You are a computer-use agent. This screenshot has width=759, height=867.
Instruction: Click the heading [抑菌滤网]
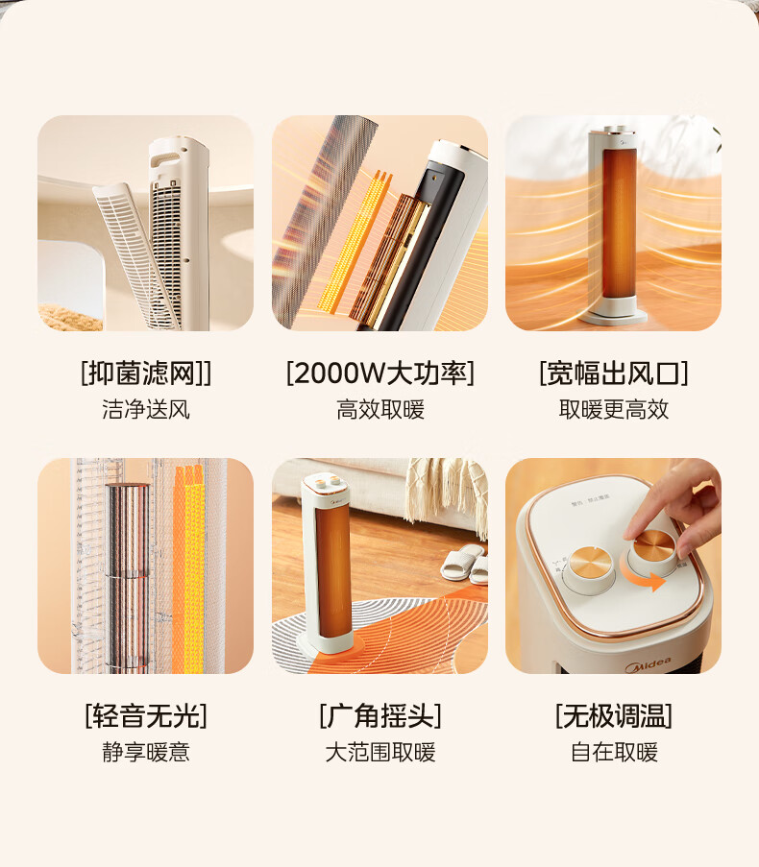[x=146, y=373]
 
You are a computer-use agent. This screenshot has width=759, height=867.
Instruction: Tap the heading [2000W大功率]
[x=380, y=373]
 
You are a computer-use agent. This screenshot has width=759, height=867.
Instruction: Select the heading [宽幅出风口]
[x=614, y=373]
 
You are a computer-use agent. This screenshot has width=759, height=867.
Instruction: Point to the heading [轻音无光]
[x=146, y=716]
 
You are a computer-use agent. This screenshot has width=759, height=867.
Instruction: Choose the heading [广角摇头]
[x=380, y=716]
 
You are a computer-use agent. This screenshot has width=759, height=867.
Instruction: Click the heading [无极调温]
[x=614, y=716]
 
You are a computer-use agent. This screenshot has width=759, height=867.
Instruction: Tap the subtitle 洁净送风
[x=146, y=410]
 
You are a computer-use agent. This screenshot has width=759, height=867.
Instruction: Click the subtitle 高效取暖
[x=380, y=410]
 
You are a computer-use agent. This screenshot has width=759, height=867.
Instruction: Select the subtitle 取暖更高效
[x=614, y=410]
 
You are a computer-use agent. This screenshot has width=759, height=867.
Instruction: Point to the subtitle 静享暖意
[x=146, y=753]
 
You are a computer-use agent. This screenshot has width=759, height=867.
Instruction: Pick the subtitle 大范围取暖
[x=380, y=753]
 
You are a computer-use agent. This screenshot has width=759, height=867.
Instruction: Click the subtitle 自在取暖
[x=614, y=753]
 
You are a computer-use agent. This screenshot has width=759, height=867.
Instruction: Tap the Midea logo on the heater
[x=648, y=664]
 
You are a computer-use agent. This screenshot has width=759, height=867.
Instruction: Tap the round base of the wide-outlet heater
[x=612, y=316]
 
